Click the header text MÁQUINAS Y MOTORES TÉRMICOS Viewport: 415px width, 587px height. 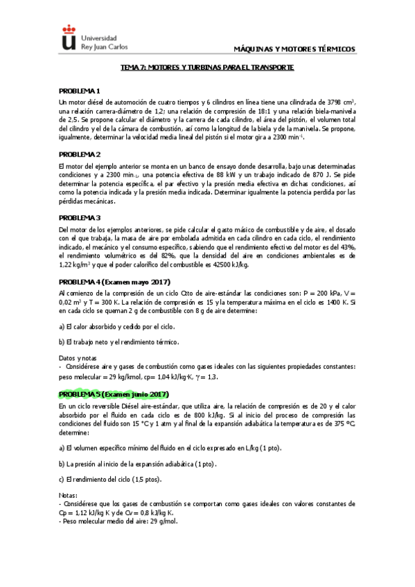[x=295, y=49]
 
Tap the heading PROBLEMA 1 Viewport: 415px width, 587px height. [x=80, y=91]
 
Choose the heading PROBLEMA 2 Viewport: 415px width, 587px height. [x=80, y=154]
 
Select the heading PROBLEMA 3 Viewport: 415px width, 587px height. [x=80, y=217]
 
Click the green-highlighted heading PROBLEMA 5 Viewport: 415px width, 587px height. [x=114, y=394]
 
